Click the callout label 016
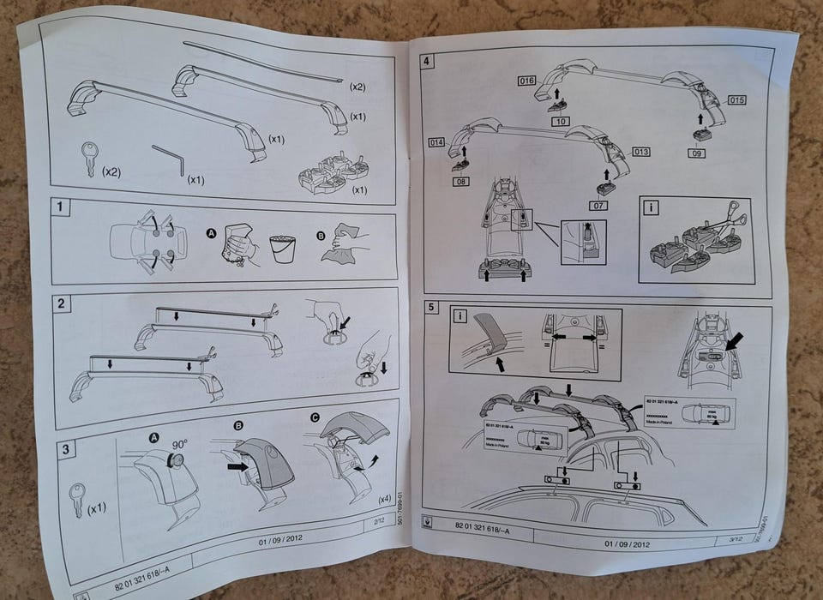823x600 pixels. pos(526,81)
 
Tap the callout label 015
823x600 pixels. pos(736,100)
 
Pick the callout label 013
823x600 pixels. pos(640,151)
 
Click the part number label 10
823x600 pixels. pos(561,123)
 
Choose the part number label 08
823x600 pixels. pos(463,181)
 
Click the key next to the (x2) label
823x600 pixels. pos(89,159)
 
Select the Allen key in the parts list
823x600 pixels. pos(169,159)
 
